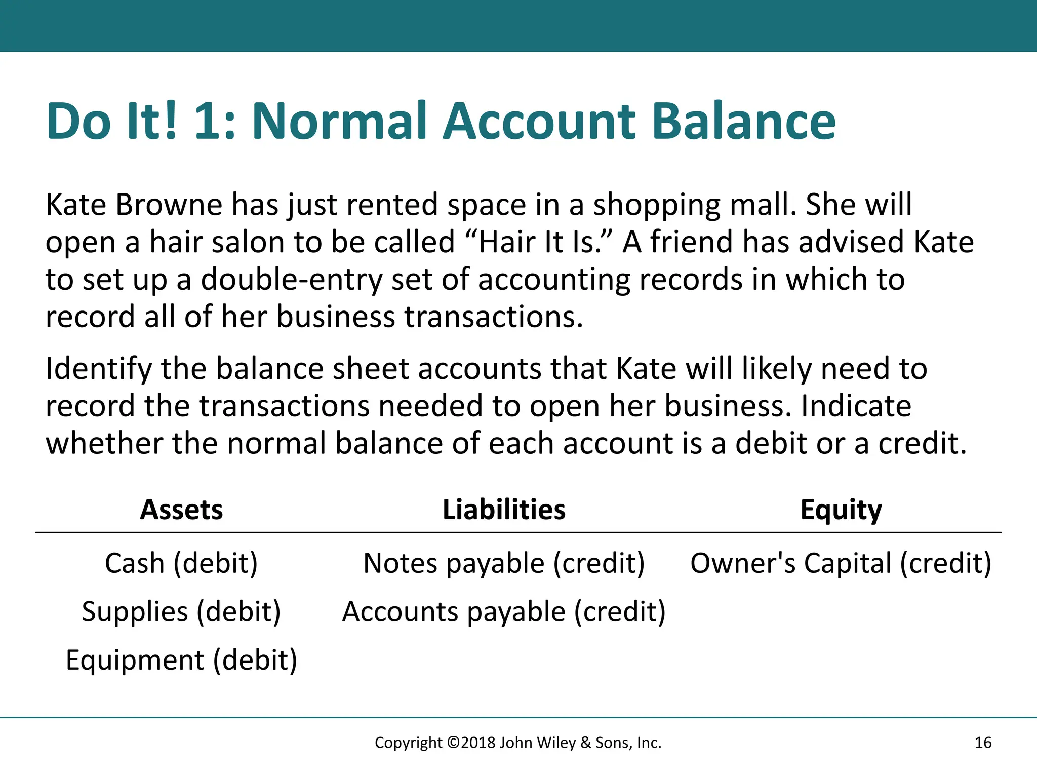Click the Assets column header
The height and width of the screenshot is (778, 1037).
pyautogui.click(x=181, y=510)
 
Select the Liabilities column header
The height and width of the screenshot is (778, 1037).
pyautogui.click(x=504, y=510)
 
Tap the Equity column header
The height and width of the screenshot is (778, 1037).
pyautogui.click(x=841, y=510)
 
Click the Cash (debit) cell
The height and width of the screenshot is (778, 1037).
pyautogui.click(x=181, y=563)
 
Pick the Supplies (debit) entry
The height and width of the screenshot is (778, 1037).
pyautogui.click(x=181, y=612)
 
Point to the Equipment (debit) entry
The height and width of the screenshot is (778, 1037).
pyautogui.click(x=181, y=660)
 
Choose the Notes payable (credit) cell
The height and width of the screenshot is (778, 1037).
pyautogui.click(x=504, y=563)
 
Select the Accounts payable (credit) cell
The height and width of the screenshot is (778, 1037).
pyautogui.click(x=504, y=612)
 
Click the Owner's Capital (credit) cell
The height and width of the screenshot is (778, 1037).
pyautogui.click(x=841, y=563)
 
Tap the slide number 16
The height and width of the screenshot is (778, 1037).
pyautogui.click(x=983, y=743)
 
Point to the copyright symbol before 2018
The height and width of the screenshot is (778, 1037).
pyautogui.click(x=453, y=743)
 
